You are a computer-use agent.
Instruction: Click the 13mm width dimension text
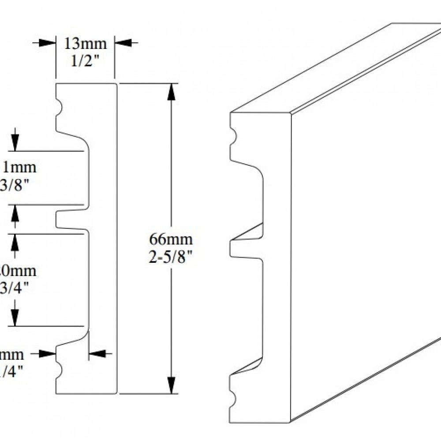click(86, 44)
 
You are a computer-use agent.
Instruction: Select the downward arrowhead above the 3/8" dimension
click(15, 144)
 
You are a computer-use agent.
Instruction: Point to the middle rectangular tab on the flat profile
click(71, 219)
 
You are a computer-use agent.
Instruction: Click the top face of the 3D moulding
click(335, 71)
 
